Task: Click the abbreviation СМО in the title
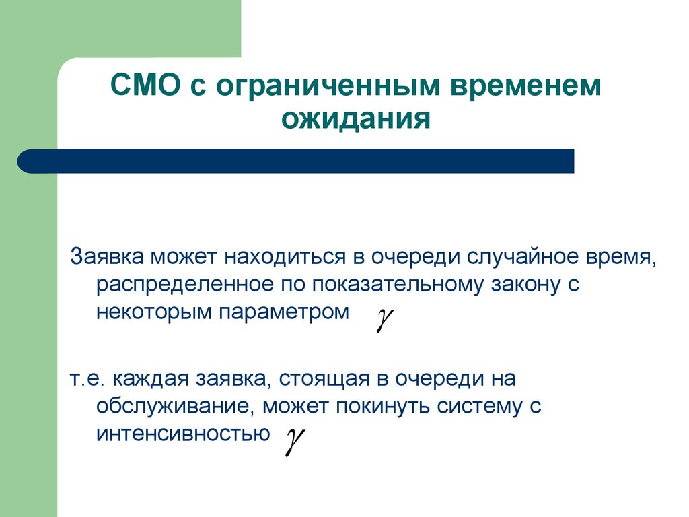(144, 88)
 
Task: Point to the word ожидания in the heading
(355, 120)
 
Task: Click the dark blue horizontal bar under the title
(296, 162)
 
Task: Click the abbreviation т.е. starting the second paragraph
(88, 378)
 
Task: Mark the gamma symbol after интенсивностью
(292, 442)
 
